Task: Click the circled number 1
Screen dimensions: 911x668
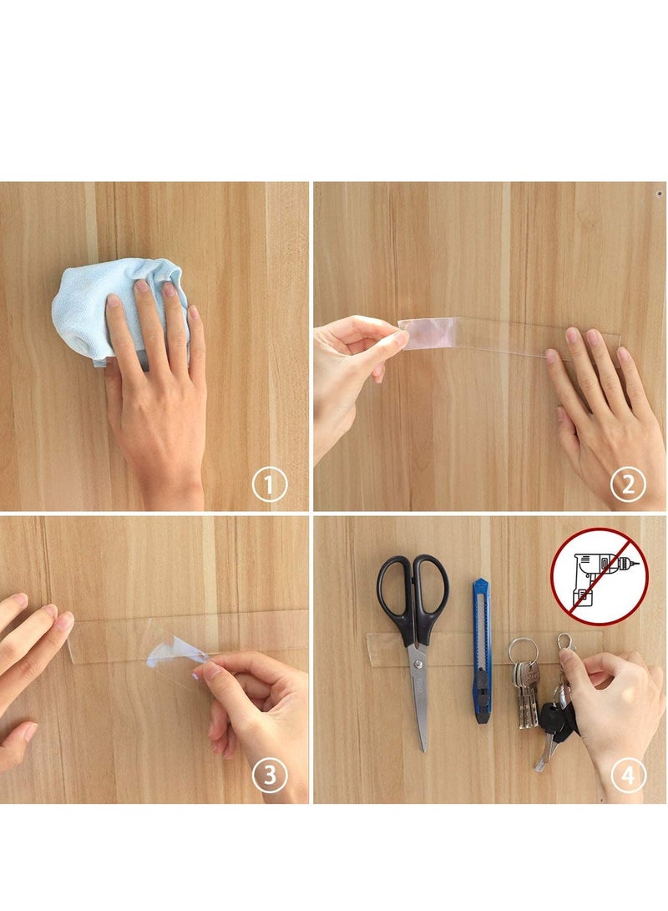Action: point(269,484)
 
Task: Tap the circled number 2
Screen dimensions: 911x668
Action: point(627,484)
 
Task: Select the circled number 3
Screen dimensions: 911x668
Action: point(269,776)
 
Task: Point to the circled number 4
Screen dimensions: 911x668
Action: point(627,776)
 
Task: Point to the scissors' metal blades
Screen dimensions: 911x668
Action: point(420,693)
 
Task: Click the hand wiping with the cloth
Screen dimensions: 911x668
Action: point(159,376)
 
